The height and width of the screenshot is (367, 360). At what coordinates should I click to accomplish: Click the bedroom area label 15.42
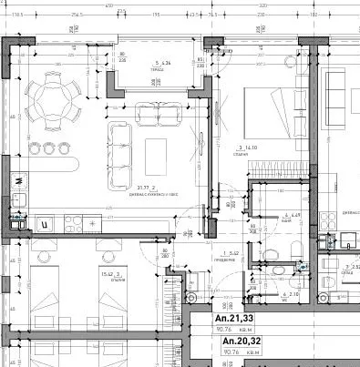coord(87,272)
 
